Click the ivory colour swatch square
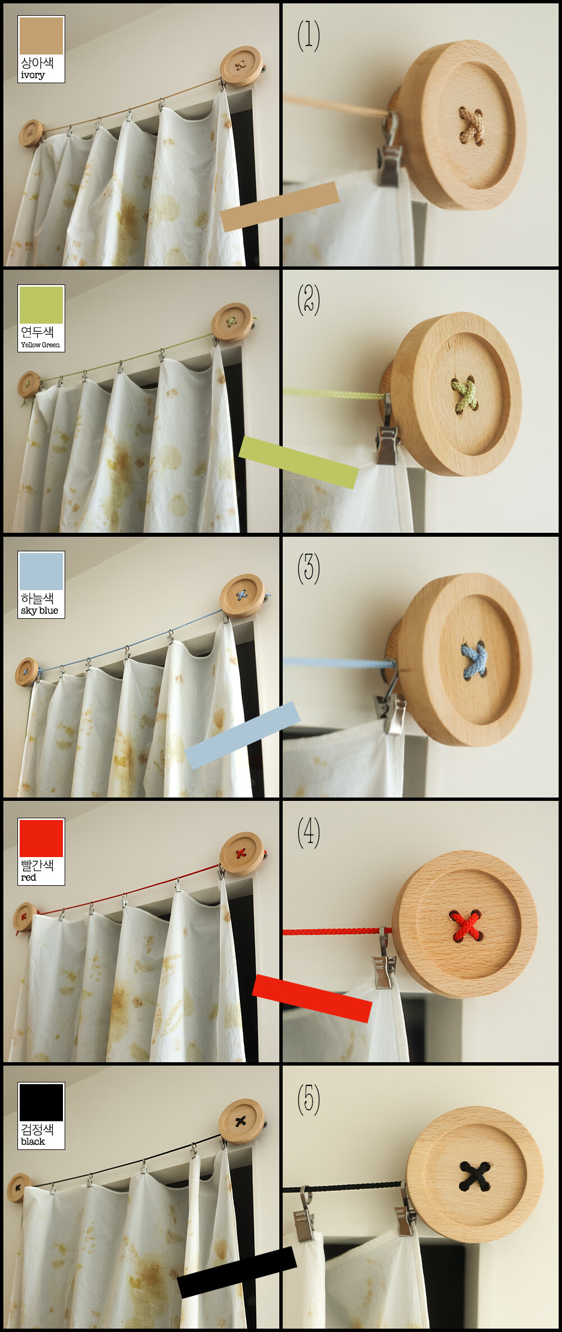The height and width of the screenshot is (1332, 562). coord(41,36)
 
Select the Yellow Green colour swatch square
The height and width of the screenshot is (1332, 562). coord(41,305)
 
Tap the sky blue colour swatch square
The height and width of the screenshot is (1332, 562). coord(41,572)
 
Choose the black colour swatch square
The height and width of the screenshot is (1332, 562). coord(41,1103)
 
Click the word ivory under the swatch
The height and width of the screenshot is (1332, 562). coord(33,75)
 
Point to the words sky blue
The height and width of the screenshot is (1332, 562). coord(39,610)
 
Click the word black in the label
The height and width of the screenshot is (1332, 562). coord(33,1141)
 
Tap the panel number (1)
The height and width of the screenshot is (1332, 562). coord(309,35)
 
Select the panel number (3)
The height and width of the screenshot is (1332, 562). coord(309,568)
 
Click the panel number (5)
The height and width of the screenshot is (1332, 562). coord(309,1099)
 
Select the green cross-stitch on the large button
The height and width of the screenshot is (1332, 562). coord(464,395)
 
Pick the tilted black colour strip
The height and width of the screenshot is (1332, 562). coord(237,1272)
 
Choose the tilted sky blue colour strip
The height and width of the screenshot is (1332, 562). coord(243,735)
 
